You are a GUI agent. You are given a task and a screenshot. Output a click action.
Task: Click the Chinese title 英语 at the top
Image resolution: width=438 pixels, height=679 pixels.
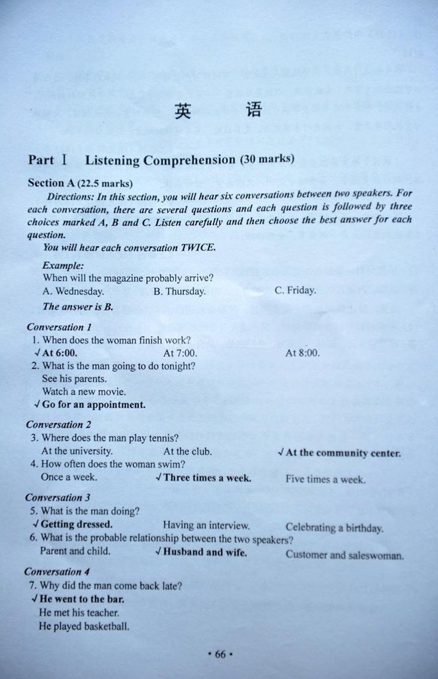[218, 111]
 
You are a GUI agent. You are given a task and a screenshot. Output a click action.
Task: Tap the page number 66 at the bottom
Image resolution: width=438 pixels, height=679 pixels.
[220, 654]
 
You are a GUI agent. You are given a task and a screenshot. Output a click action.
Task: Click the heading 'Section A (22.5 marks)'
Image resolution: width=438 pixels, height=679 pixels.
[80, 183]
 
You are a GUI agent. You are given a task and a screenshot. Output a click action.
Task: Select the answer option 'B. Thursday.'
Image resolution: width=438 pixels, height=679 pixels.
[179, 291]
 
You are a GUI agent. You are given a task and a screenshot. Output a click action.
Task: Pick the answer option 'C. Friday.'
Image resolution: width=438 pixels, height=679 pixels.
[295, 290]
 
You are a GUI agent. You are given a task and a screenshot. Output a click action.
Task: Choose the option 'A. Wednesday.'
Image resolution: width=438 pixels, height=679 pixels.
[73, 291]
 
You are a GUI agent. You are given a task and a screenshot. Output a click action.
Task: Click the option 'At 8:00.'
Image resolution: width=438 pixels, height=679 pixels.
[302, 353]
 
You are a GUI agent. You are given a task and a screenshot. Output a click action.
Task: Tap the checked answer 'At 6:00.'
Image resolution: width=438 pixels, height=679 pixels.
[60, 353]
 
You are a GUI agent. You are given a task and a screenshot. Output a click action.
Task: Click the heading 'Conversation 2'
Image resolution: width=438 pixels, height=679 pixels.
[59, 424]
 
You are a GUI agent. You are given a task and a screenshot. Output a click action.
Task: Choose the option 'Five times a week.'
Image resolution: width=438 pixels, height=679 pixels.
[325, 479]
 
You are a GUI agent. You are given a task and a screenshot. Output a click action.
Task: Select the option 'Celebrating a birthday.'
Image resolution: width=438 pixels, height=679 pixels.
[334, 528]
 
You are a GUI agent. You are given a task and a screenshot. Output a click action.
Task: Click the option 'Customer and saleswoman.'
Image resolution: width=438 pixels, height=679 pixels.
[344, 555]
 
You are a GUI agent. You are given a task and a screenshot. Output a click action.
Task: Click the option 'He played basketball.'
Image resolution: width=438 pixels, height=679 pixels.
[84, 626]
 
